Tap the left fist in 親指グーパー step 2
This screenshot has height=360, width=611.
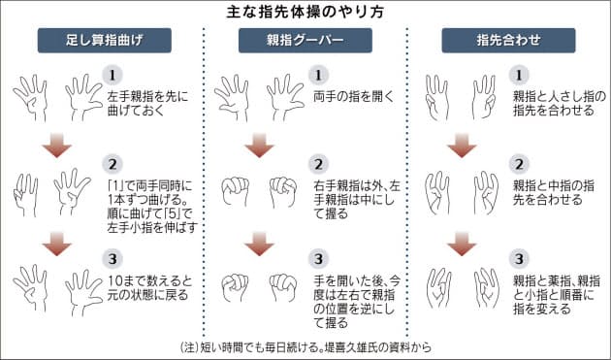239,193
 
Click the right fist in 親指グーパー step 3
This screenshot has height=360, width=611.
281,287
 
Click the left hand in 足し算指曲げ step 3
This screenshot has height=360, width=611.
30,289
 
